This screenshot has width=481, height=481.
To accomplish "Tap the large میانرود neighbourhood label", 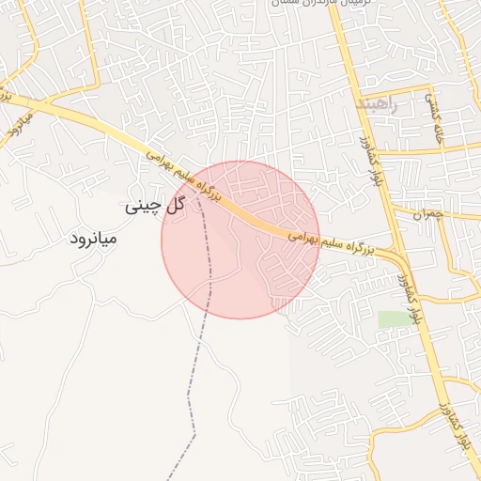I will (x=93, y=239).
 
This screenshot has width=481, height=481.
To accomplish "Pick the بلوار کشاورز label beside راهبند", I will (x=362, y=155).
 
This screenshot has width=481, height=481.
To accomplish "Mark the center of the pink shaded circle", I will (x=240, y=240).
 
